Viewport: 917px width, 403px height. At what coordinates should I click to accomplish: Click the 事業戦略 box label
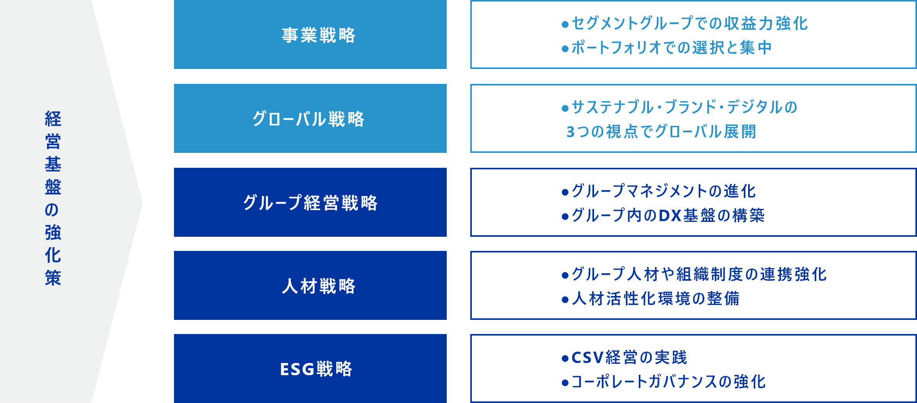pyautogui.click(x=319, y=35)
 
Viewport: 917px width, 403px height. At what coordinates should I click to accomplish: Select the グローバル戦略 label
pyautogui.click(x=308, y=119)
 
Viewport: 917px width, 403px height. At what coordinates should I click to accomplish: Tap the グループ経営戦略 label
pyautogui.click(x=310, y=203)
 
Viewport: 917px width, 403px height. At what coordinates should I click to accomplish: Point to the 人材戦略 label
pyautogui.click(x=319, y=286)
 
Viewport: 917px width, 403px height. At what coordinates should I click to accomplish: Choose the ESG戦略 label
pyautogui.click(x=316, y=369)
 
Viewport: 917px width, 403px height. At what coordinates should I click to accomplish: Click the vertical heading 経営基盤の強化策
pyautogui.click(x=53, y=198)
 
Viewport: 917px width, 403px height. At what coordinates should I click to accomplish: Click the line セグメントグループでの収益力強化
pyautogui.click(x=690, y=24)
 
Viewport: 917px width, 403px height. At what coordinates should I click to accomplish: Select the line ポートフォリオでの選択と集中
pyautogui.click(x=671, y=48)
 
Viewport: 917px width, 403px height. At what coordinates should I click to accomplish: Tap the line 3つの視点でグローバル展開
pyautogui.click(x=661, y=132)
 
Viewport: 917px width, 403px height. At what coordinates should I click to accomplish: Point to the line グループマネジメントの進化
pyautogui.click(x=664, y=191)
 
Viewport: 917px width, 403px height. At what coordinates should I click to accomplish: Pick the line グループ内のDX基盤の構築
pyautogui.click(x=668, y=216)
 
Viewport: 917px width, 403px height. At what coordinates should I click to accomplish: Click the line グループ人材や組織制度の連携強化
pyautogui.click(x=699, y=274)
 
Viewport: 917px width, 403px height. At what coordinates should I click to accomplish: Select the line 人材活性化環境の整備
pyautogui.click(x=656, y=299)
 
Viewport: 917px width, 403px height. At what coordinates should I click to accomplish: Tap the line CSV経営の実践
pyautogui.click(x=629, y=358)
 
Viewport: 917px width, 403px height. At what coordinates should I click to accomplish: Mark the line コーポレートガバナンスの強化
pyautogui.click(x=669, y=382)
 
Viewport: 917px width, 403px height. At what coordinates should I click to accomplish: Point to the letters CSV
pyautogui.click(x=587, y=358)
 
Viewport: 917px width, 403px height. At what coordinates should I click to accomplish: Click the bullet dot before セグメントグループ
pyautogui.click(x=565, y=25)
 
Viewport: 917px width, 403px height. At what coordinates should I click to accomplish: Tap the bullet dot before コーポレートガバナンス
pyautogui.click(x=565, y=383)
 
